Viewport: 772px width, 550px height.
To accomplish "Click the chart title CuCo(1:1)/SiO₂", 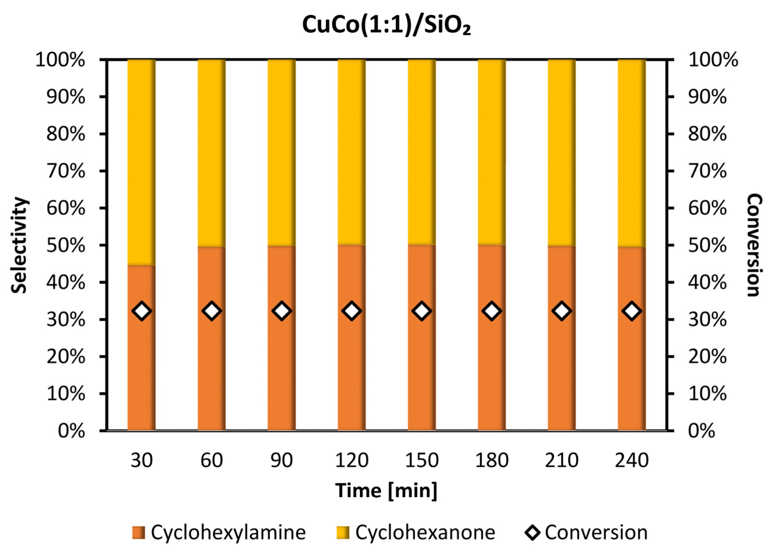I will pos(386,25).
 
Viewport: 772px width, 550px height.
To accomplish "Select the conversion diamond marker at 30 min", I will pos(142,311).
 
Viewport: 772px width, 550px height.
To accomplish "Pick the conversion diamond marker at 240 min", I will pos(632,311).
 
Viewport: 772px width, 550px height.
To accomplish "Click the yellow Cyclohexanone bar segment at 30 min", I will pos(141,163).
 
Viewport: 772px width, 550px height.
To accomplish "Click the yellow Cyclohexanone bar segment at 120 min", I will pos(351,152).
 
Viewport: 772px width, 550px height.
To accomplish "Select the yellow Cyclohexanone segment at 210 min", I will pos(562,152).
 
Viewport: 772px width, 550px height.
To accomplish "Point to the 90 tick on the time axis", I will pos(282,461).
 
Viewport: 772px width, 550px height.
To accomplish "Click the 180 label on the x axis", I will pos(491,461).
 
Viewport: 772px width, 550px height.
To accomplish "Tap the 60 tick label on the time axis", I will pos(212,461).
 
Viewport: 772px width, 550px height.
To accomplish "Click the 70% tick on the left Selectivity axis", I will pos(66,171).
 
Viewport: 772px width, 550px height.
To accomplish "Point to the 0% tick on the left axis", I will pos(71,431).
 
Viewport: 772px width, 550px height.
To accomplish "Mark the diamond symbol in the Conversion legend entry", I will pos(533,532).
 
